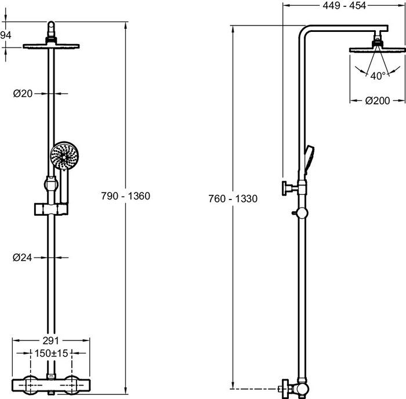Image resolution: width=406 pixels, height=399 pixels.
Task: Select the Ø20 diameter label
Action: click(x=22, y=93)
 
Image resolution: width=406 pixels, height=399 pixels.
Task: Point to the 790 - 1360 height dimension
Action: click(x=126, y=196)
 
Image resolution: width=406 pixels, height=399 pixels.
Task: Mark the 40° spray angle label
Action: click(x=378, y=75)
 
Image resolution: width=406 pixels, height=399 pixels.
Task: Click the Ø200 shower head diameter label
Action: click(x=378, y=100)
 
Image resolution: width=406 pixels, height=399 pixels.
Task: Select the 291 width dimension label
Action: click(x=50, y=341)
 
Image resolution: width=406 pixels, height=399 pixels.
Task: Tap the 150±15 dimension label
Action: click(x=51, y=353)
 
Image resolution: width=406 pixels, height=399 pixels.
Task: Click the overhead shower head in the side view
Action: click(x=378, y=50)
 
